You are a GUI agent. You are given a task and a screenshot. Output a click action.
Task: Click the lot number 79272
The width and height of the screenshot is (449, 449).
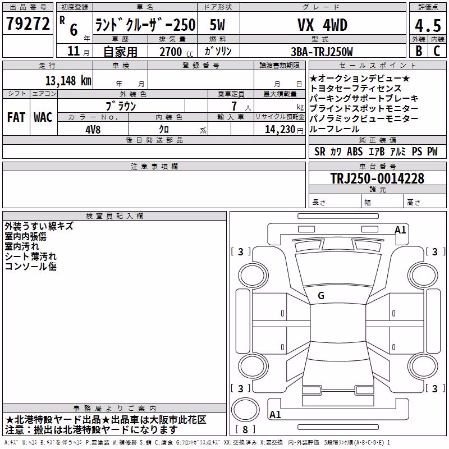pos(28,23)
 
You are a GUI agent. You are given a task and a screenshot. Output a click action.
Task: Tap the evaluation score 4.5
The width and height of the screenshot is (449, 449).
pos(428,26)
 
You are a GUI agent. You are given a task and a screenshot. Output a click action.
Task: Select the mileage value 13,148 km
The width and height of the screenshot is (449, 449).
pos(68,81)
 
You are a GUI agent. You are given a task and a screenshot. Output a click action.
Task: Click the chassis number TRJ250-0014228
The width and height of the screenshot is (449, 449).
pos(377,178)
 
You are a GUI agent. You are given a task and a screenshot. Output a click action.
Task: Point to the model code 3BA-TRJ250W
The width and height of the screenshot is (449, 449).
pos(322,52)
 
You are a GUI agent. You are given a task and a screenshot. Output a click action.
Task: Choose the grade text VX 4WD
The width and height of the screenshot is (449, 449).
pos(322,25)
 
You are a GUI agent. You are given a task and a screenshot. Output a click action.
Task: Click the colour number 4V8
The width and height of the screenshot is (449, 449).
pos(93,130)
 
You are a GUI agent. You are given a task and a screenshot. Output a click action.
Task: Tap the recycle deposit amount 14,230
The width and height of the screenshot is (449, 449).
pos(280,130)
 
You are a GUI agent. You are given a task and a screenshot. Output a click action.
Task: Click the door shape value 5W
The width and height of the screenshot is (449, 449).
pos(217,25)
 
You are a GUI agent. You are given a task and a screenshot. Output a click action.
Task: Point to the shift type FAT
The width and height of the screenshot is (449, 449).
pos(16,117)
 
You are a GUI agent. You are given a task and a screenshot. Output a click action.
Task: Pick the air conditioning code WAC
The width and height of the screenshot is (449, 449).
pos(43,117)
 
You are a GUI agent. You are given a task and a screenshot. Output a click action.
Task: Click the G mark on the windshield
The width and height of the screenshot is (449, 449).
pos(321,296)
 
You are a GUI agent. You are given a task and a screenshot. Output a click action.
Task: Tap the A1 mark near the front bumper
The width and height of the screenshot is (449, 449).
pos(400,230)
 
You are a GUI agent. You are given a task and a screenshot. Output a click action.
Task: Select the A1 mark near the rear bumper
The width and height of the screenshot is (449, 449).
pos(275,414)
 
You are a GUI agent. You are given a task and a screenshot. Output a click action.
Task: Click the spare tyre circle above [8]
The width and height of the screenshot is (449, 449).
pos(245,410)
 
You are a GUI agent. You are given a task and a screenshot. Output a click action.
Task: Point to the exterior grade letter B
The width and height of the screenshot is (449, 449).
pos(419,51)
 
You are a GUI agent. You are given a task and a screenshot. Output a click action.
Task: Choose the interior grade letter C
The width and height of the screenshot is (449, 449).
pos(437,51)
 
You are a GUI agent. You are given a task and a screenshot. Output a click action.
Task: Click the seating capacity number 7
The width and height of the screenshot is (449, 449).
pos(234,106)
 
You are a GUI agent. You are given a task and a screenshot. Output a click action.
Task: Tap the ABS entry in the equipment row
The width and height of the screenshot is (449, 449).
pos(355,152)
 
